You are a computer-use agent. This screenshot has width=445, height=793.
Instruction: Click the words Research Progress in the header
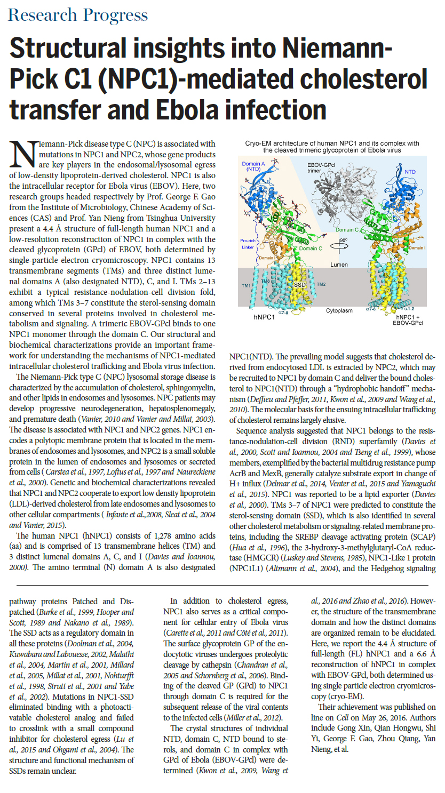pyautogui.click(x=78, y=15)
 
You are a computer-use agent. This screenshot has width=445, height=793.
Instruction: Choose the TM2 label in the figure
pyautogui.click(x=321, y=285)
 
